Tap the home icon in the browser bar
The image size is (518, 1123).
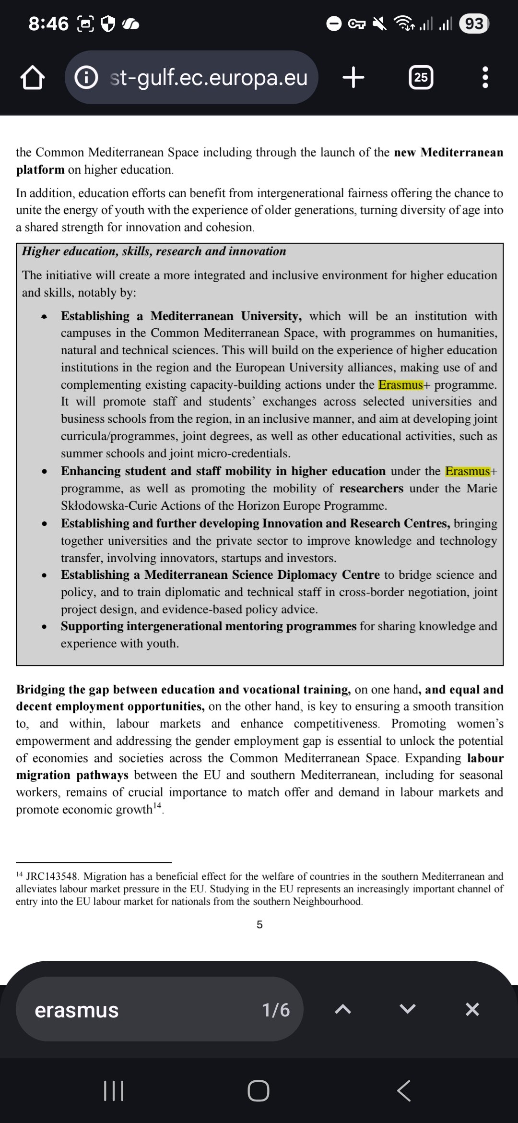pos(33,78)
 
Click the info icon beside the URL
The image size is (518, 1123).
pos(87,77)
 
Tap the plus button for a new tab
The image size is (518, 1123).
pos(353,77)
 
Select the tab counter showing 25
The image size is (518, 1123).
pos(421,77)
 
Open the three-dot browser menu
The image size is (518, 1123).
pos(485,77)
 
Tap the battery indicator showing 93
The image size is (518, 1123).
pos(474,24)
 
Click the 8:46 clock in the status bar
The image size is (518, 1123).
pos(48,24)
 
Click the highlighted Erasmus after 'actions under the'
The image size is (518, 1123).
pos(400,385)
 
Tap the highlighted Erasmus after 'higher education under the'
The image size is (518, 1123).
pos(468,471)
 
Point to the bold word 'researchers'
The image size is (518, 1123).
pos(371,489)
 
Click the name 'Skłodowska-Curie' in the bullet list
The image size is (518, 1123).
pos(118,506)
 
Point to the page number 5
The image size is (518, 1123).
pos(259,925)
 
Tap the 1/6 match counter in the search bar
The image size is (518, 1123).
pos(276,1010)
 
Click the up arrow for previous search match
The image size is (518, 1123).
pos(342,1010)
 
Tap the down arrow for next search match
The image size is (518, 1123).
pos(407,1010)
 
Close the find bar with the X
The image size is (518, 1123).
pos(472,1010)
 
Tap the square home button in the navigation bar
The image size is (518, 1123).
pos(259,1091)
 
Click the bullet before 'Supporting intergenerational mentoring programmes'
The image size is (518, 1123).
pos(44,627)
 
